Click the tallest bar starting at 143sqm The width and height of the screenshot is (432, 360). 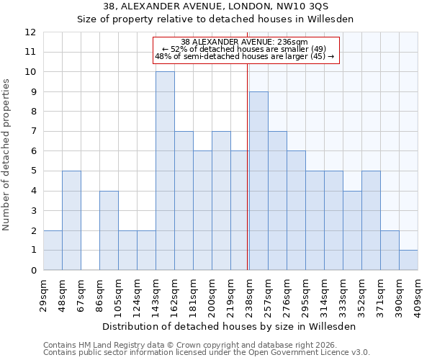tap(165, 171)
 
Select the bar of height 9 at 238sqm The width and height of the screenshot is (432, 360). tap(258, 181)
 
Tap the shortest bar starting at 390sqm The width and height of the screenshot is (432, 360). tap(408, 260)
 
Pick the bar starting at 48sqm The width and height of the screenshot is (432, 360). tap(71, 220)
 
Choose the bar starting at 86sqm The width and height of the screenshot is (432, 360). tap(109, 230)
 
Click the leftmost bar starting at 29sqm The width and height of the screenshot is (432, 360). tap(53, 251)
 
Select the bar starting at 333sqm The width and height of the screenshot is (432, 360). tap(352, 230)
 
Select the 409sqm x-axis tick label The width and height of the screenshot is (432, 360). tap(418, 295)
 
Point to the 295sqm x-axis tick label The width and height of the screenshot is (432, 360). tap(306, 295)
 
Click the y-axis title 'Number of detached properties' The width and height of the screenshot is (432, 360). tap(7, 155)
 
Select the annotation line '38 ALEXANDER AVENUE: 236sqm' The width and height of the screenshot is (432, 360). tap(244, 42)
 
